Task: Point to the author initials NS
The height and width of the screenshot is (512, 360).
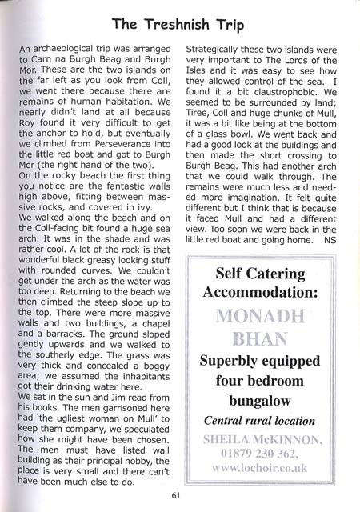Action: [x=332, y=237]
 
